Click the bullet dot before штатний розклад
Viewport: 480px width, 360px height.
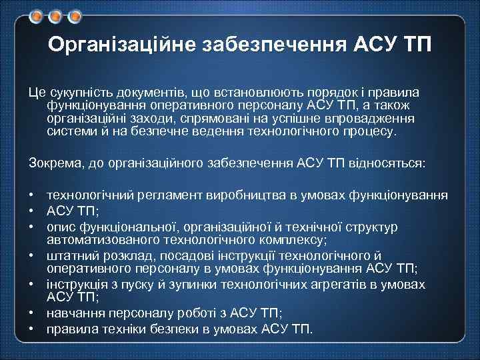tap(31, 255)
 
